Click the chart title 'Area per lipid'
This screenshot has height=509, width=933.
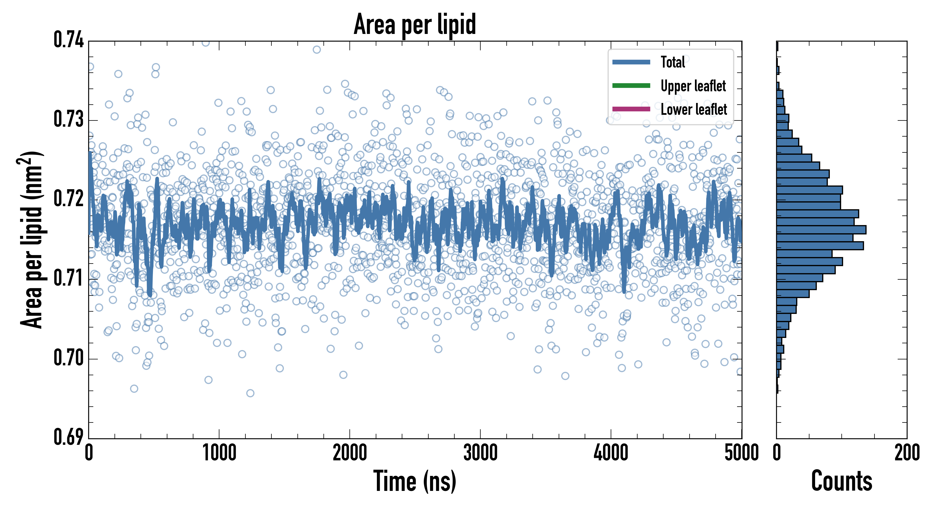415,24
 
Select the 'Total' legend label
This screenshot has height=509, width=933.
673,62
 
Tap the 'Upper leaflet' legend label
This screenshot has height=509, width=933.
693,86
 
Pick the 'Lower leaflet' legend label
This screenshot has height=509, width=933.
694,109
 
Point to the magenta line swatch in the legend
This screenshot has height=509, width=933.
631,109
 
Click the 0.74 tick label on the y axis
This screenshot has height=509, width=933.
68,40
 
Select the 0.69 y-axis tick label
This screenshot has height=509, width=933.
68,437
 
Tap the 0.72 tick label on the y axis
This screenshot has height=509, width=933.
68,199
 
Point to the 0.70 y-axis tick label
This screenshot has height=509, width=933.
68,357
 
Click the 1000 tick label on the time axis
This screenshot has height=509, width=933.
219,453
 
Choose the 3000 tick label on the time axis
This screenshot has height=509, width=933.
480,453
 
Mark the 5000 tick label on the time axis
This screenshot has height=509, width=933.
741,453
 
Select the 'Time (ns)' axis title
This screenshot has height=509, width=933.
415,481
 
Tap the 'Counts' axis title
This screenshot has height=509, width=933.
841,481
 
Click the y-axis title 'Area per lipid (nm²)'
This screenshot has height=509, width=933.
31,240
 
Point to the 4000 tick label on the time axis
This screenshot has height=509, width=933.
611,453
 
